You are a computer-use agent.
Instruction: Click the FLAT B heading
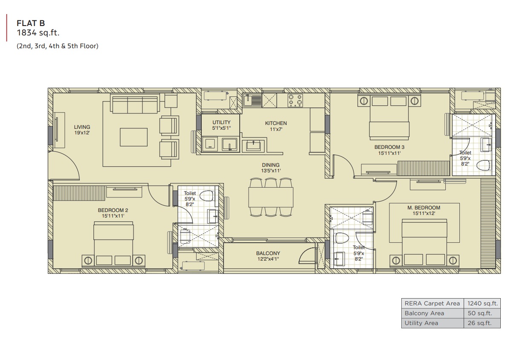click(x=31, y=23)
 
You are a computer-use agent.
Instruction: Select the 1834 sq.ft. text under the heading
click(x=38, y=32)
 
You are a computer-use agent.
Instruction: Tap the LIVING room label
click(x=82, y=127)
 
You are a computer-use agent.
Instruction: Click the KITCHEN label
click(x=276, y=123)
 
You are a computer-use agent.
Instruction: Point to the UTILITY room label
click(x=221, y=122)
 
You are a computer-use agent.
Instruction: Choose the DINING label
click(x=270, y=165)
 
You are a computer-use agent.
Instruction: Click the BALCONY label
click(x=268, y=253)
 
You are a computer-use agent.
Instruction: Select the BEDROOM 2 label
click(x=113, y=210)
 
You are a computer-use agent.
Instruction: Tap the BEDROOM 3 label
click(x=389, y=147)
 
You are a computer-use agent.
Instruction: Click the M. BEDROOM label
click(x=424, y=208)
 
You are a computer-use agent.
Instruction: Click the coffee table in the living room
click(x=134, y=137)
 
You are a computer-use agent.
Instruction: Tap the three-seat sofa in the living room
click(x=135, y=103)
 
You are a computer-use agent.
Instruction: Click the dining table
click(x=270, y=197)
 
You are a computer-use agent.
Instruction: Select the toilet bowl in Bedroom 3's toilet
click(x=483, y=165)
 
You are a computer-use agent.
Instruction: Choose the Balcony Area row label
click(x=424, y=313)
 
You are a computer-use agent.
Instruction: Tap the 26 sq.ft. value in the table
click(x=480, y=323)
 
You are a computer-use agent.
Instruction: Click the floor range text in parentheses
click(x=57, y=46)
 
